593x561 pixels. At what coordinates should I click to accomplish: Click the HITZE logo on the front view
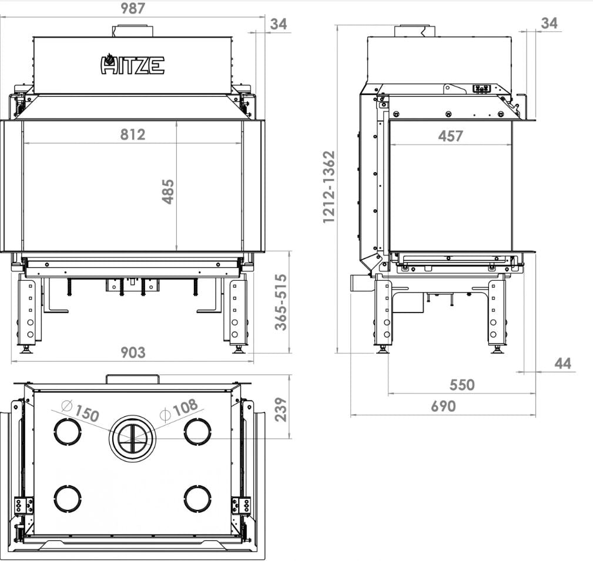132,64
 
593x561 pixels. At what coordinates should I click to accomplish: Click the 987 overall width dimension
133,8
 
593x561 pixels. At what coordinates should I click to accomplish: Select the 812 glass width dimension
133,135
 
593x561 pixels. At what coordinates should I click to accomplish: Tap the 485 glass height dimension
168,192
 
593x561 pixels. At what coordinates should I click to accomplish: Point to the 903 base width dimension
133,352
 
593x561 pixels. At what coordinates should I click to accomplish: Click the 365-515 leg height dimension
281,303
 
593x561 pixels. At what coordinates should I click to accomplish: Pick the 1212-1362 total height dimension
329,187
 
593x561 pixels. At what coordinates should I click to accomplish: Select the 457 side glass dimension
450,136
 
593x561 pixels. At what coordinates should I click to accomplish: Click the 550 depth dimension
462,385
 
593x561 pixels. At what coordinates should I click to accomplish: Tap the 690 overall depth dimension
443,407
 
